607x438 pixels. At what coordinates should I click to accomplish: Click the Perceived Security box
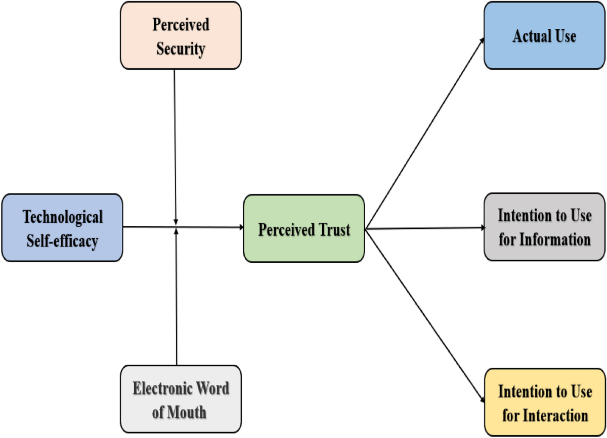point(181,35)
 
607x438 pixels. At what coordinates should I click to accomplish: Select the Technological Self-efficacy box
point(62,227)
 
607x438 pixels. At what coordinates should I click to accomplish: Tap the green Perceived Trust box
point(303,228)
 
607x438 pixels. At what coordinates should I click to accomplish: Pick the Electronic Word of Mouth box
point(181,400)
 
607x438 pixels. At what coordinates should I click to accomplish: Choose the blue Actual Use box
point(544,35)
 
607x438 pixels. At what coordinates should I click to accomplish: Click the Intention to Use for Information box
point(544,227)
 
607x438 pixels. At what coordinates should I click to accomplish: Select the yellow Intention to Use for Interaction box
point(544,403)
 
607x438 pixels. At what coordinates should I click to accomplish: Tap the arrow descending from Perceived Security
point(175,147)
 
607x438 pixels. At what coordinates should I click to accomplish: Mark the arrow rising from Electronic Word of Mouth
point(176,298)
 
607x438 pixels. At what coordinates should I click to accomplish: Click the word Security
point(181,49)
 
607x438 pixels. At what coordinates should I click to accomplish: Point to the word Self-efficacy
point(61,240)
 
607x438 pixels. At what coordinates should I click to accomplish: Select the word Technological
point(62,217)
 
